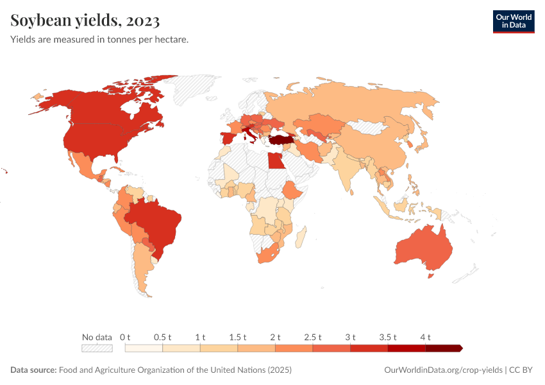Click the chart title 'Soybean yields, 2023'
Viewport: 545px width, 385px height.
pyautogui.click(x=85, y=21)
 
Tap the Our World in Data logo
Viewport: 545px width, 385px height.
pyautogui.click(x=513, y=21)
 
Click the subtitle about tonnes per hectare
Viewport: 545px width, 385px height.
pyautogui.click(x=99, y=40)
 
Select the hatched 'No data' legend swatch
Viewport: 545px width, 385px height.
pyautogui.click(x=97, y=348)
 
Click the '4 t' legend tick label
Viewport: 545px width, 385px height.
pyautogui.click(x=425, y=337)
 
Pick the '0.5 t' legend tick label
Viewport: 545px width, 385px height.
pyautogui.click(x=163, y=337)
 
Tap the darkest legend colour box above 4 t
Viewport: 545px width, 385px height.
pyautogui.click(x=443, y=348)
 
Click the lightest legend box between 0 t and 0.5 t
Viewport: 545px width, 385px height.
pyautogui.click(x=144, y=348)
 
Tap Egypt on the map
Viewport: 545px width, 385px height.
pyautogui.click(x=275, y=160)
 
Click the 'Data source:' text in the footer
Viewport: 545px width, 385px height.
pyautogui.click(x=33, y=370)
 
